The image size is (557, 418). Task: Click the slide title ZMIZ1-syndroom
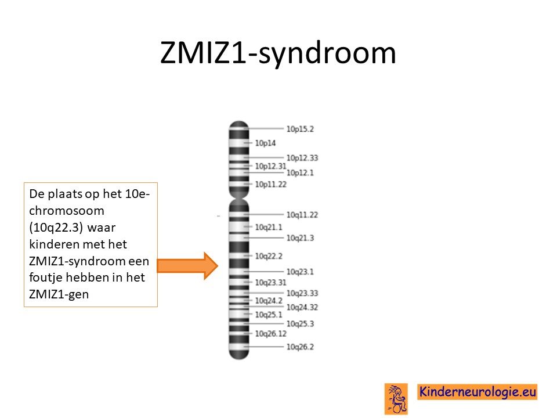point(278,53)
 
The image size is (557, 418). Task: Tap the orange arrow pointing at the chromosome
point(187,266)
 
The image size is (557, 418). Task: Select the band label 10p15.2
point(300,129)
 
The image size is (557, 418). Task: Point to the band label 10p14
point(265,143)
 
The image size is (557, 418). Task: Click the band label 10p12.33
point(302,158)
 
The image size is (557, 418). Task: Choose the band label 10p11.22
point(271,184)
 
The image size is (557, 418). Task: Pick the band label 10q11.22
point(302,215)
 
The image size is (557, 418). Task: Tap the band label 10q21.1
point(269,227)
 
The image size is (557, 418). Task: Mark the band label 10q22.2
point(269,256)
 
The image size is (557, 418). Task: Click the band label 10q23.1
point(300,272)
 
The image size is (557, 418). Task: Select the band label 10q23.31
point(271,283)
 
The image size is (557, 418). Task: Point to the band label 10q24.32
point(302,308)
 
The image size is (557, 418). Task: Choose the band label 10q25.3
point(300,324)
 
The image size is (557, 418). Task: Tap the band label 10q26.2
point(300,347)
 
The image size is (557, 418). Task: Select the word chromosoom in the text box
point(67,211)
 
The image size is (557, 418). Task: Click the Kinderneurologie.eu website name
point(478,392)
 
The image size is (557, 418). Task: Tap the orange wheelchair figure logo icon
point(396,399)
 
